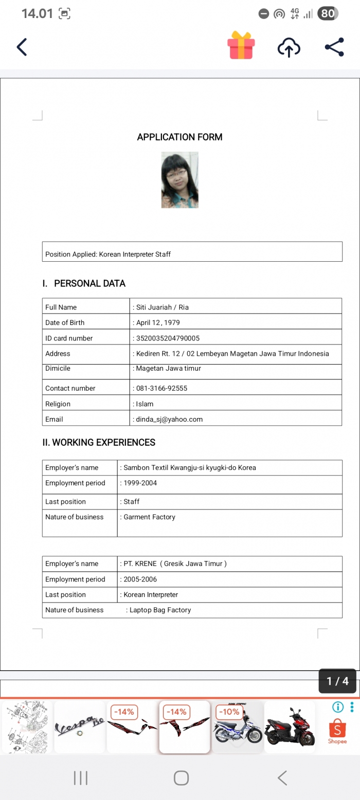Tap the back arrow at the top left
coord(22,47)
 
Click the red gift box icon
coord(241,45)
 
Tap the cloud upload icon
coord(289,48)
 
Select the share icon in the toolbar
coord(334,47)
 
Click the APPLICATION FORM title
coord(179,137)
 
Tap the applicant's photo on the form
coord(179,180)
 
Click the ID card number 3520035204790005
coord(168,338)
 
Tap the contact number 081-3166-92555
coord(161,388)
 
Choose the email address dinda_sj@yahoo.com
coord(169,419)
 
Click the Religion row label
coord(58,404)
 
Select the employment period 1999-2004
coord(140,483)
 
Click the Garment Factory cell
coord(149,517)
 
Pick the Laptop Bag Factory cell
coord(160,610)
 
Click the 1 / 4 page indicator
coord(337,681)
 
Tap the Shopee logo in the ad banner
coord(337,731)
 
